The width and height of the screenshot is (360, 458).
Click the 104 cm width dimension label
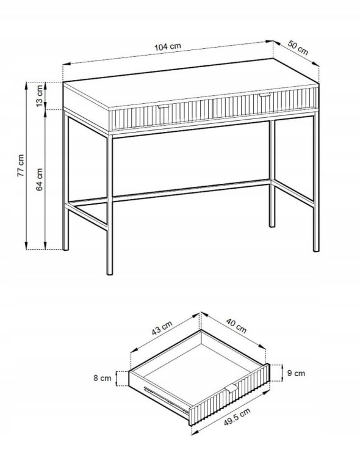coord(167,46)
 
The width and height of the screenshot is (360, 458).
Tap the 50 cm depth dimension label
coord(298,48)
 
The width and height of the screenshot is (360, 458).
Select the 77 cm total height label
coord(21,165)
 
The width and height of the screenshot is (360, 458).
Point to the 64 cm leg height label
coord(39,180)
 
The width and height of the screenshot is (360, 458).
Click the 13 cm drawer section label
coord(40,96)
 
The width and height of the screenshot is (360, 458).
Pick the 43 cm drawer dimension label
coord(162,328)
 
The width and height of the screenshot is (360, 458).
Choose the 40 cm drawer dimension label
coord(236,325)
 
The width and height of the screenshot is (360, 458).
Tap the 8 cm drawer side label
coord(102,377)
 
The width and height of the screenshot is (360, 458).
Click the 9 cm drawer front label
coord(296,373)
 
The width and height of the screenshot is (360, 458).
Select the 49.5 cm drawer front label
coord(237,416)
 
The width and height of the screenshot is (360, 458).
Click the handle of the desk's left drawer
coord(163,106)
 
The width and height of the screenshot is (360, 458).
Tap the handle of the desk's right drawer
coord(265,95)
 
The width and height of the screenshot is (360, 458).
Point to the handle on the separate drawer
coord(232,389)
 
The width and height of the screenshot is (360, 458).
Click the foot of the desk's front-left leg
coord(109,272)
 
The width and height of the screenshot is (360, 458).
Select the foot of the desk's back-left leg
coord(66,249)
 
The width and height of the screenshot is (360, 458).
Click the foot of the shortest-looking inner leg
coord(272,225)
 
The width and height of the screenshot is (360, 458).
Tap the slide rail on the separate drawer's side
coord(166,399)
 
